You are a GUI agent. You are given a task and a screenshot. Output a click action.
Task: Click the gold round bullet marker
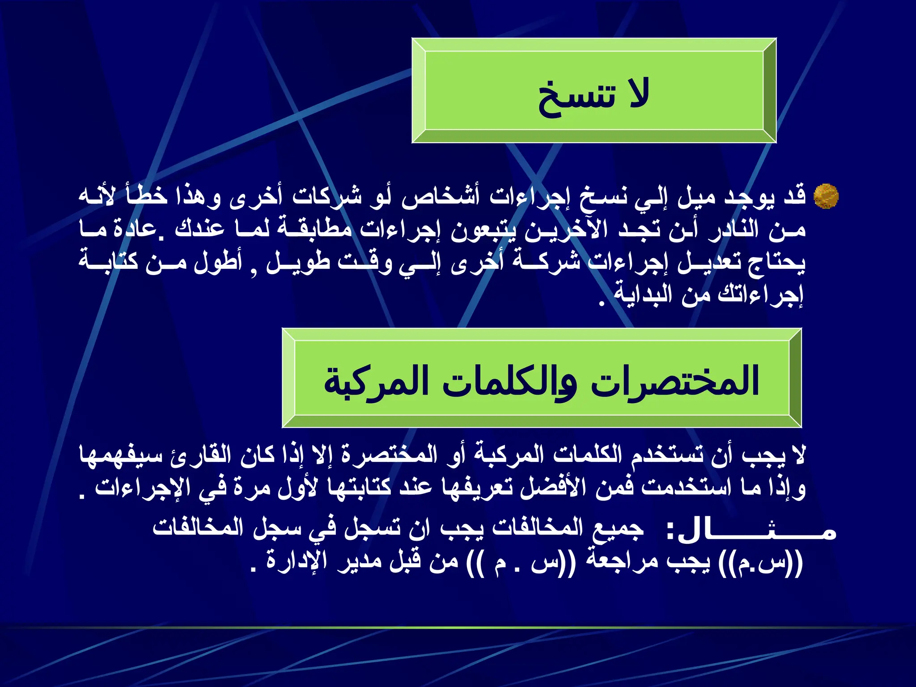point(826,196)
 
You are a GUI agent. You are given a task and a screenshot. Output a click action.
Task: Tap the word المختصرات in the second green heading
point(675,382)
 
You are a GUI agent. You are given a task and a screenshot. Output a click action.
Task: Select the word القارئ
point(201,455)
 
